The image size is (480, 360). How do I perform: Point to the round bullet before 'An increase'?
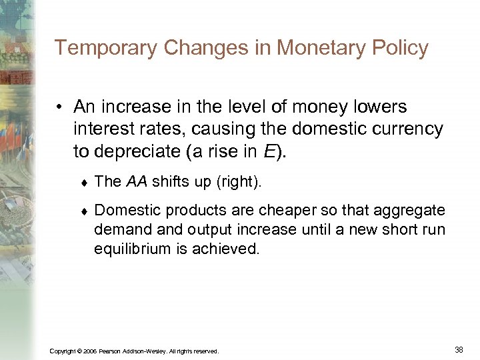tap(61, 107)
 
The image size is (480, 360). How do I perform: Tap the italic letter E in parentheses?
tap(269, 151)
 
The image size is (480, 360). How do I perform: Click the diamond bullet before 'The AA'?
tap(83, 183)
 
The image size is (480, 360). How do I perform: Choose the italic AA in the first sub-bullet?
tap(137, 181)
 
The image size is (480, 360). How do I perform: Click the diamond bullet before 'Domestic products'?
tap(83, 211)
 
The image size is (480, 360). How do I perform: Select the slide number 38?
tap(458, 349)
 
